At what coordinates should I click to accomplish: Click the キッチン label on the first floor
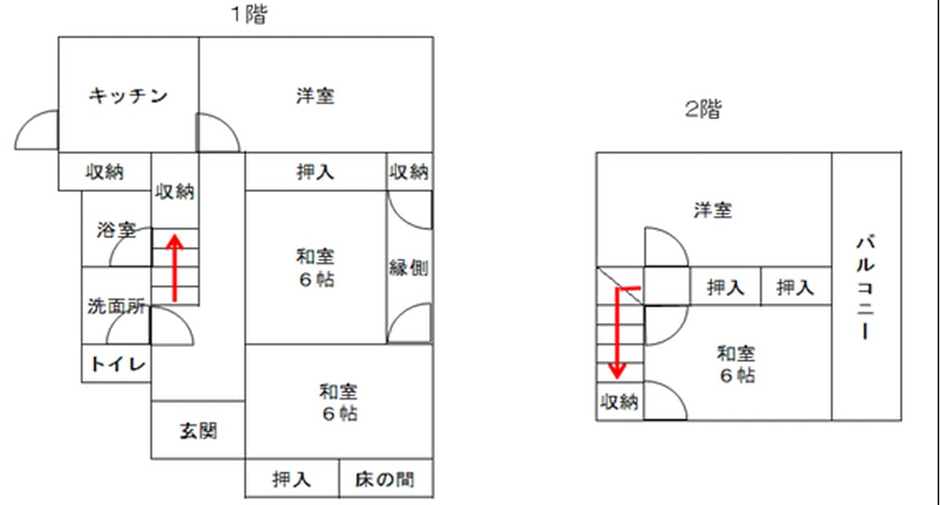(128, 96)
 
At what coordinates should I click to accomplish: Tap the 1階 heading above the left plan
(248, 15)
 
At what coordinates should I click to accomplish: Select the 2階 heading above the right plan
(703, 110)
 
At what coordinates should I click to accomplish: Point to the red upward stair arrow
(175, 266)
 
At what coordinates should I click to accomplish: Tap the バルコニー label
(866, 287)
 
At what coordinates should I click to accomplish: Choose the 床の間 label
(385, 478)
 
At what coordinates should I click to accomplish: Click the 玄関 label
(198, 430)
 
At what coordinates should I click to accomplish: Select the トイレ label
(117, 364)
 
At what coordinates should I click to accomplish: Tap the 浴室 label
(117, 230)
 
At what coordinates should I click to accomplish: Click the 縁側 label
(409, 268)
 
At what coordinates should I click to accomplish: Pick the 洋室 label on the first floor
(316, 96)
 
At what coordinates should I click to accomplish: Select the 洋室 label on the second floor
(713, 210)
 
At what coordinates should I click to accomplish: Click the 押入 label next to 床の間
(292, 478)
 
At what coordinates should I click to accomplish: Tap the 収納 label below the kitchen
(105, 171)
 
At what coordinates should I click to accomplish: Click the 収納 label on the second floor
(620, 402)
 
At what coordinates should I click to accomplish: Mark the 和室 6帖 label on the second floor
(737, 364)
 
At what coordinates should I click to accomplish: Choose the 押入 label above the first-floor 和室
(316, 171)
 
